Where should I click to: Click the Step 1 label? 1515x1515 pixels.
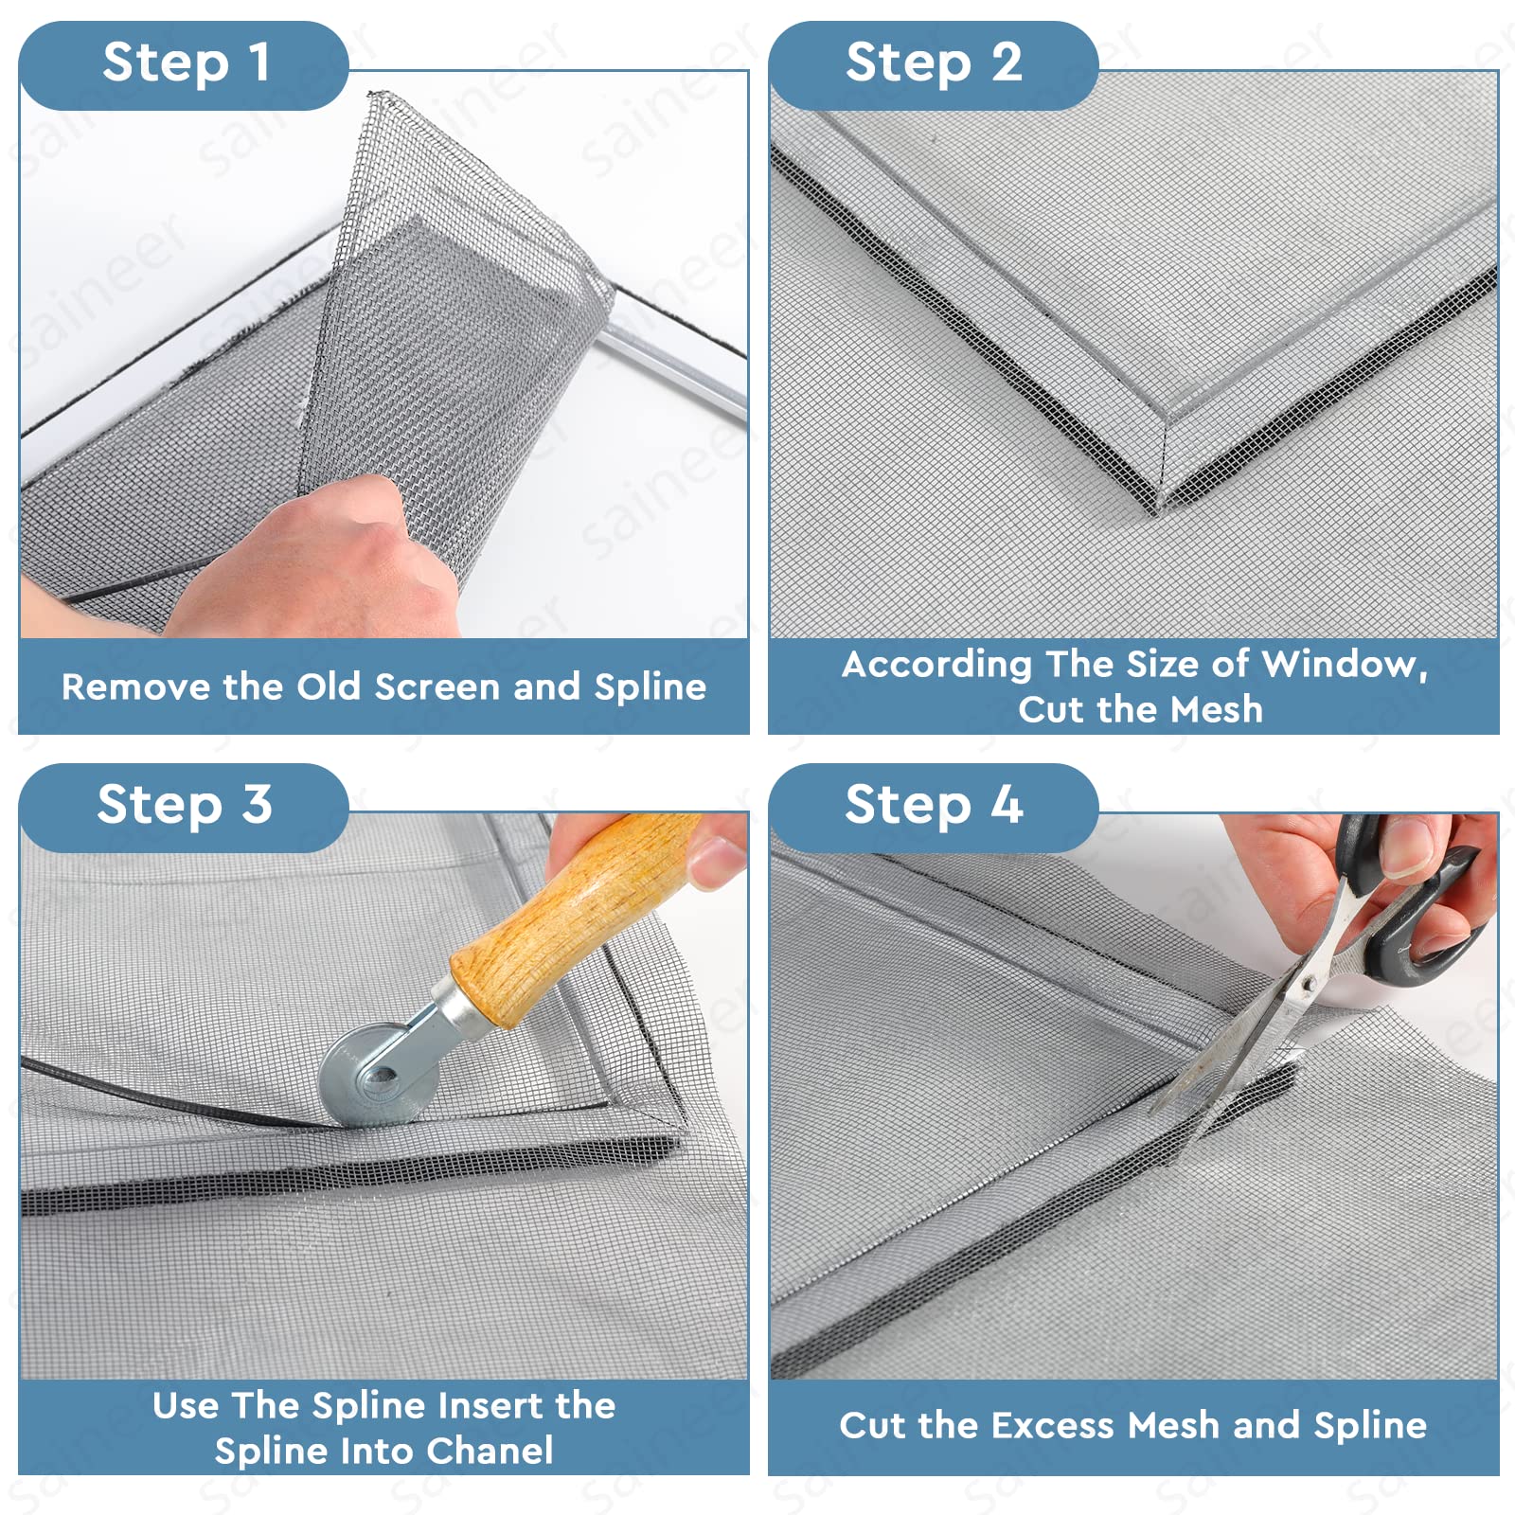click(187, 63)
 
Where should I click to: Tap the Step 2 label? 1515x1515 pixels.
click(934, 63)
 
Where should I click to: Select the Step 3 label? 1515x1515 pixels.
click(185, 806)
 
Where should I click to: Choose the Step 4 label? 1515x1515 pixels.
click(934, 806)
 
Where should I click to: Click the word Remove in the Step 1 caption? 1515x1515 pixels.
click(135, 686)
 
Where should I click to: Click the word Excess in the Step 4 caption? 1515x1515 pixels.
click(1052, 1425)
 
